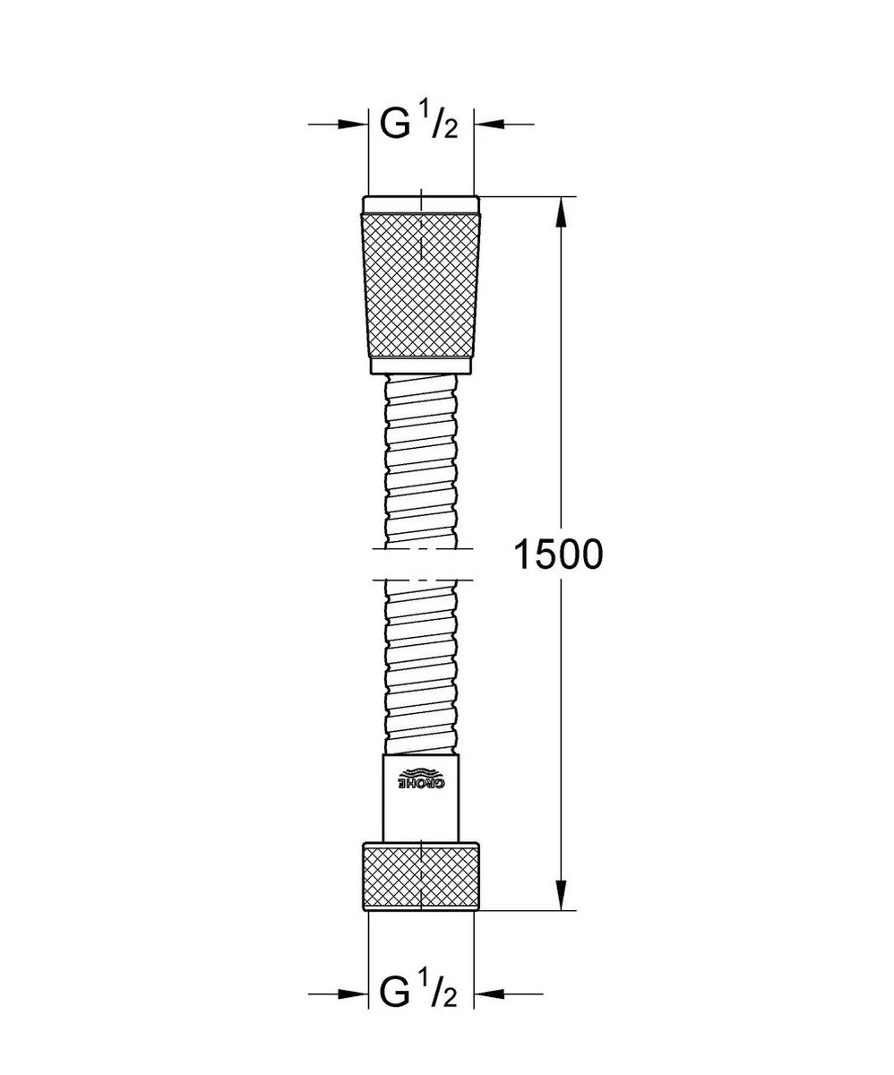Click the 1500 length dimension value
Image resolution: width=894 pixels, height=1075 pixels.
click(558, 555)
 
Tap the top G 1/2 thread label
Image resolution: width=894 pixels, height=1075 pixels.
click(418, 120)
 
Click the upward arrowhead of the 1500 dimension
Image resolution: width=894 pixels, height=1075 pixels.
click(562, 212)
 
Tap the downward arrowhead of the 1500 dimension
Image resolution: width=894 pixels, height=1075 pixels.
click(562, 895)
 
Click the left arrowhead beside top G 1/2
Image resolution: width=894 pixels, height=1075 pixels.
click(353, 125)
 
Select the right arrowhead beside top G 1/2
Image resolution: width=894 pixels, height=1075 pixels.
click(489, 125)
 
